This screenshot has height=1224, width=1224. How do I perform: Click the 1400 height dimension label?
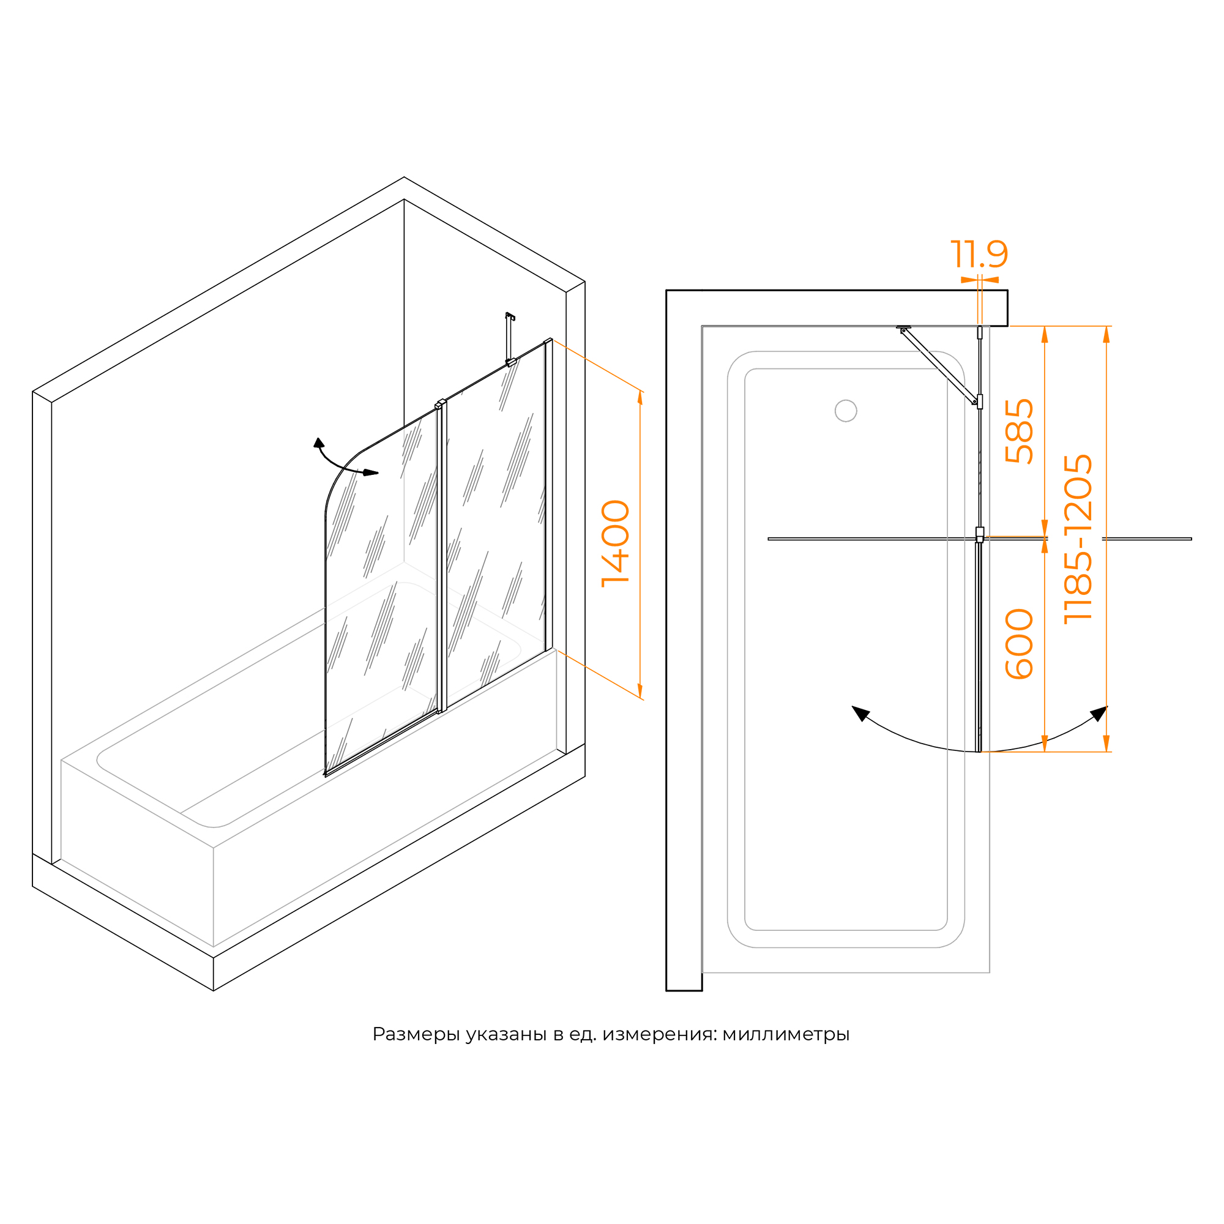click(x=615, y=543)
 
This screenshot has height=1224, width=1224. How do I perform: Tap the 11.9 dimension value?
click(x=979, y=254)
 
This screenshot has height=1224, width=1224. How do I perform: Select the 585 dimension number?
click(x=1020, y=431)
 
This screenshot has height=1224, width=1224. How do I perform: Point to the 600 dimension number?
click(x=1020, y=644)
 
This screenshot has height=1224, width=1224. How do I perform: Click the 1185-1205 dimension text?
click(x=1078, y=539)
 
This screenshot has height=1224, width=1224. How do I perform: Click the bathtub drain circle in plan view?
click(x=846, y=411)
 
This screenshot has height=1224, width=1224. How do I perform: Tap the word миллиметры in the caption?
click(x=786, y=1034)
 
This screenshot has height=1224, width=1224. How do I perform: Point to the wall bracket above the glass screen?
click(x=510, y=339)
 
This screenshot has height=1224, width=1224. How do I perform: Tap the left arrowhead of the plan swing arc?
click(x=860, y=713)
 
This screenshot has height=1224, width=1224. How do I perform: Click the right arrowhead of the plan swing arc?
click(x=1099, y=714)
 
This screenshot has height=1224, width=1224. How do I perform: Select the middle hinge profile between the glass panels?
click(x=442, y=556)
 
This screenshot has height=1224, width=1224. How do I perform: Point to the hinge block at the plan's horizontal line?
click(x=979, y=535)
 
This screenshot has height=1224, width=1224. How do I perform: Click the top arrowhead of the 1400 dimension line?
click(x=640, y=398)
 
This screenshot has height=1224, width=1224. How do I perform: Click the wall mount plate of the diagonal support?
click(x=903, y=327)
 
